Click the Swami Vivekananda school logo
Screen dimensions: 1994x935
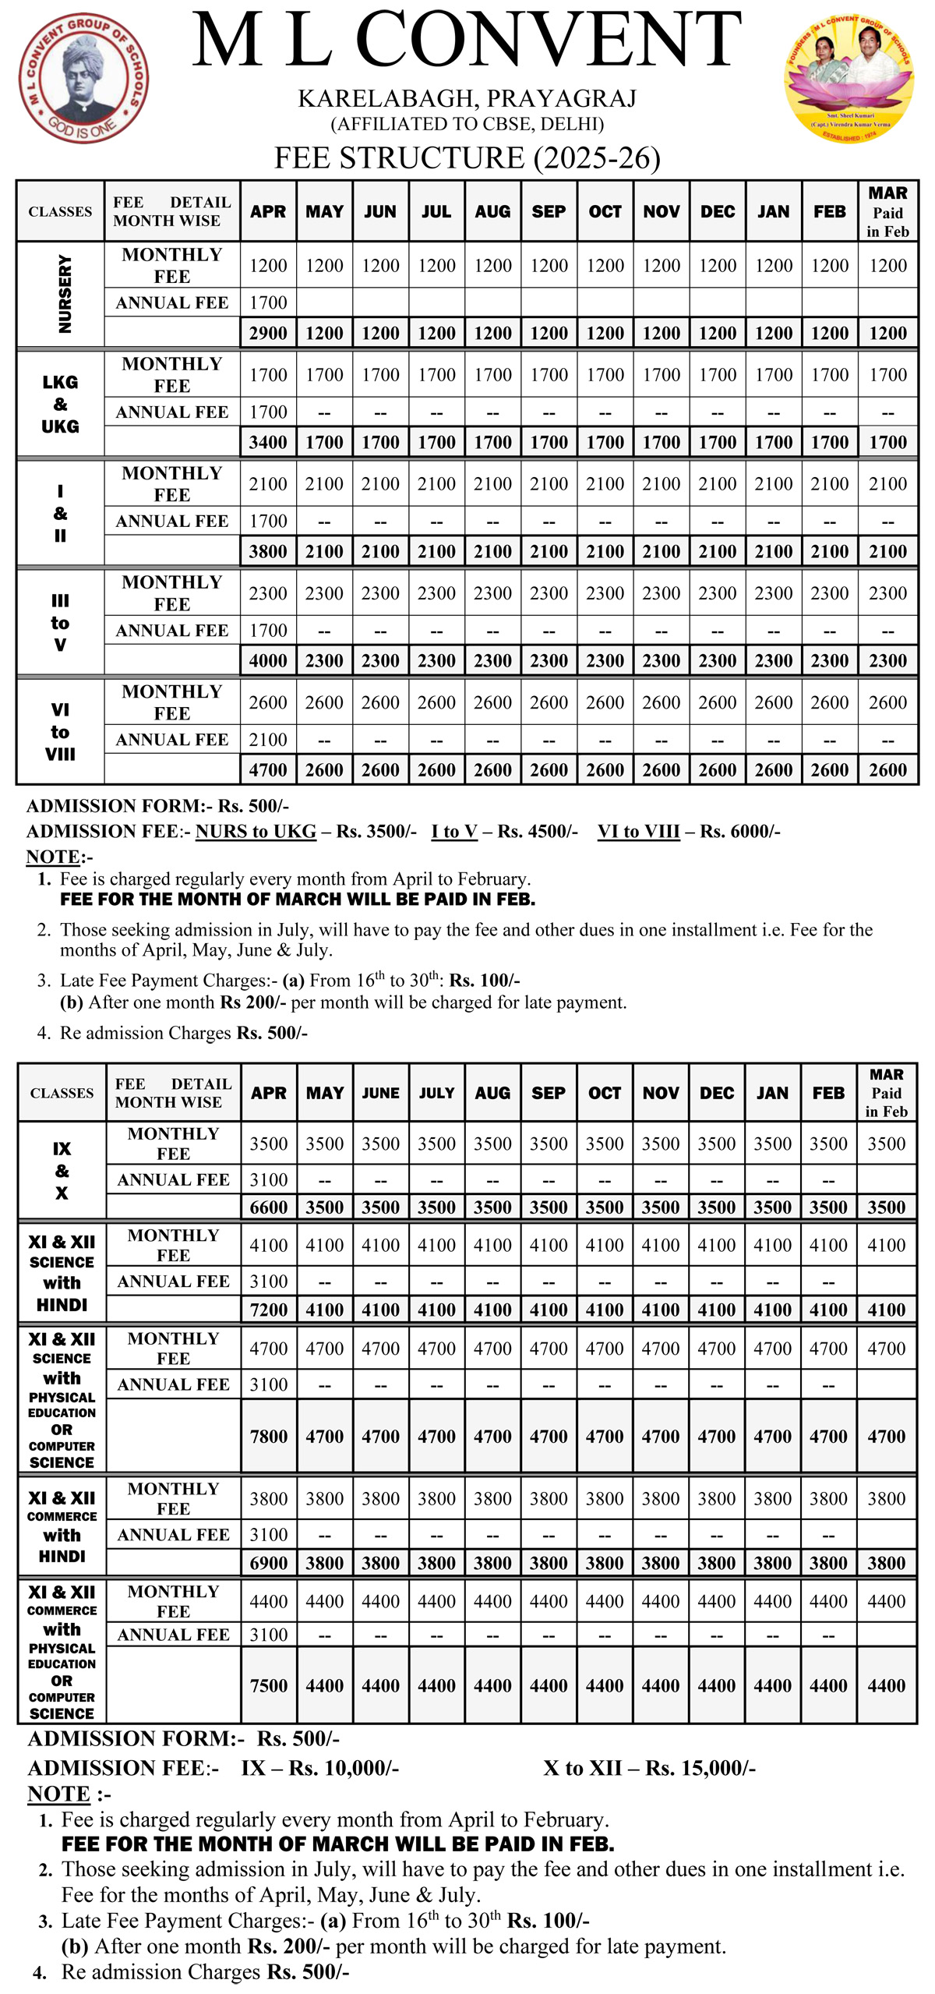click(83, 78)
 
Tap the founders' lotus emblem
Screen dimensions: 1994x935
click(849, 78)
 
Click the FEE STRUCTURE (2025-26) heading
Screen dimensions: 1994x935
click(467, 158)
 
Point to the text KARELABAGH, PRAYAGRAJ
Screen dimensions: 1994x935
click(467, 99)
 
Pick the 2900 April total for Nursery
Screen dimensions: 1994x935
click(268, 334)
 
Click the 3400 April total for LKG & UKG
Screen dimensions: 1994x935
click(268, 443)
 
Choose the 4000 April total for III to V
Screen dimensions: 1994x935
click(268, 661)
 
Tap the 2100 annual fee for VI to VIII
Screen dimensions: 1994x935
click(268, 740)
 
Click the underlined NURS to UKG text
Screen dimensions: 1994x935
click(256, 832)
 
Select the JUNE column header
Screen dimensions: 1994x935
click(380, 1093)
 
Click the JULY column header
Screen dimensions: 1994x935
click(436, 1093)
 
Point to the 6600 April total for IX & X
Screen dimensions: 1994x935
click(269, 1207)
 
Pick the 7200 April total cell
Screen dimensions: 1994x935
click(269, 1310)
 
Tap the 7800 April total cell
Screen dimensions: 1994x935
click(269, 1437)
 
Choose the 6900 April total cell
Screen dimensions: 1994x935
click(269, 1563)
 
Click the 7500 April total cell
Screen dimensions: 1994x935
click(269, 1685)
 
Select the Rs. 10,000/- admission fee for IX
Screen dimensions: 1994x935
click(344, 1768)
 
